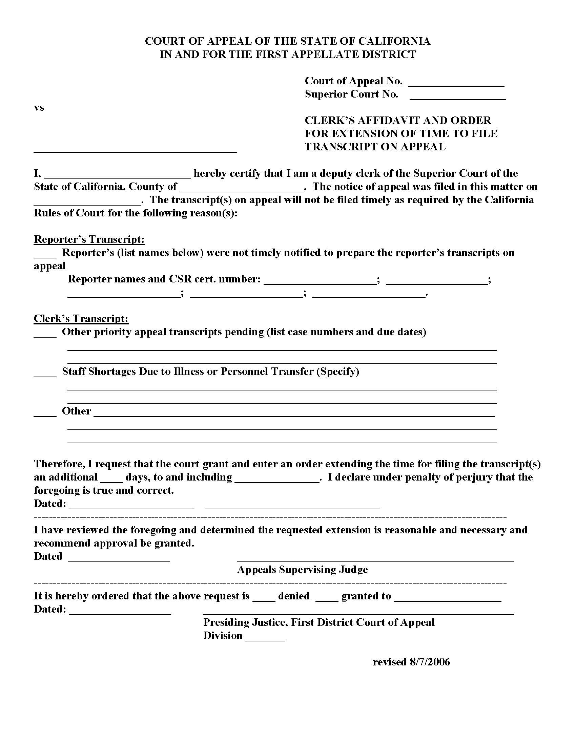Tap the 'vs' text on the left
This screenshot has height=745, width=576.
point(39,108)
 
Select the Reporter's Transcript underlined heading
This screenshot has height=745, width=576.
point(89,239)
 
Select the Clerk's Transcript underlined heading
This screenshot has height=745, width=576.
point(81,319)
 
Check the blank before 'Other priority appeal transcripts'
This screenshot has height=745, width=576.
point(45,334)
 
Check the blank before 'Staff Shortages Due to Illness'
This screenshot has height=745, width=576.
point(45,374)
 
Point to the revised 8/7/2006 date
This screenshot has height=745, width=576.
point(411,662)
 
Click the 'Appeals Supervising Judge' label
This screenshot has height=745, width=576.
point(302,569)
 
